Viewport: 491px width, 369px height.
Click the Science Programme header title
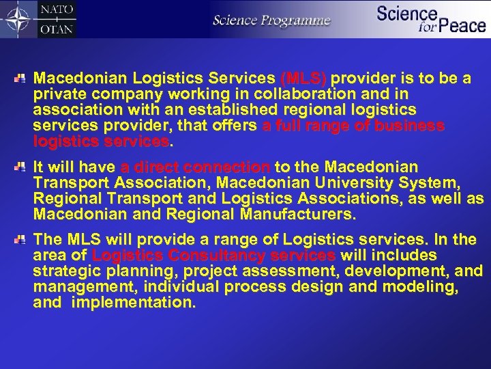(271, 20)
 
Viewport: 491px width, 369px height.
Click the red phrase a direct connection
(195, 167)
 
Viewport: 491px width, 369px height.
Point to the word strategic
(65, 271)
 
